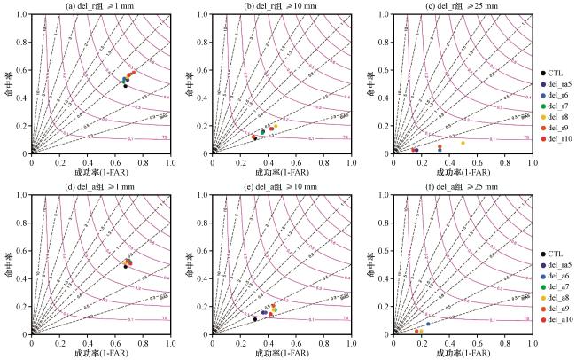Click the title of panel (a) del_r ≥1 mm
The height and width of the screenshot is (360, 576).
102,7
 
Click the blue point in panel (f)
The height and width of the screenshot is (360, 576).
428,324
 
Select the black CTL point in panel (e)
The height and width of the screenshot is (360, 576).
255,319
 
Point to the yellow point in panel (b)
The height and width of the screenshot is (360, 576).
276,126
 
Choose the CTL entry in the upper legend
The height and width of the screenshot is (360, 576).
553,72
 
